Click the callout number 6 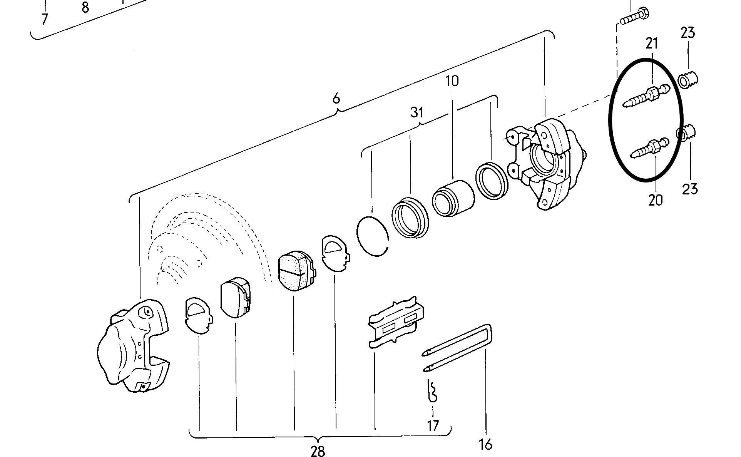pyautogui.click(x=336, y=99)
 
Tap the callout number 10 pyautogui.click(x=452, y=82)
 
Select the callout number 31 pyautogui.click(x=416, y=112)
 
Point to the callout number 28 pyautogui.click(x=318, y=450)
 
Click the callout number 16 pyautogui.click(x=486, y=444)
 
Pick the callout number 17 pyautogui.click(x=433, y=426)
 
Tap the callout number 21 pyautogui.click(x=652, y=43)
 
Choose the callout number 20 pyautogui.click(x=656, y=200)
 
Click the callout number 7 pyautogui.click(x=45, y=19)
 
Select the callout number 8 pyautogui.click(x=85, y=7)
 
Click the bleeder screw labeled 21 pyautogui.click(x=646, y=97)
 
